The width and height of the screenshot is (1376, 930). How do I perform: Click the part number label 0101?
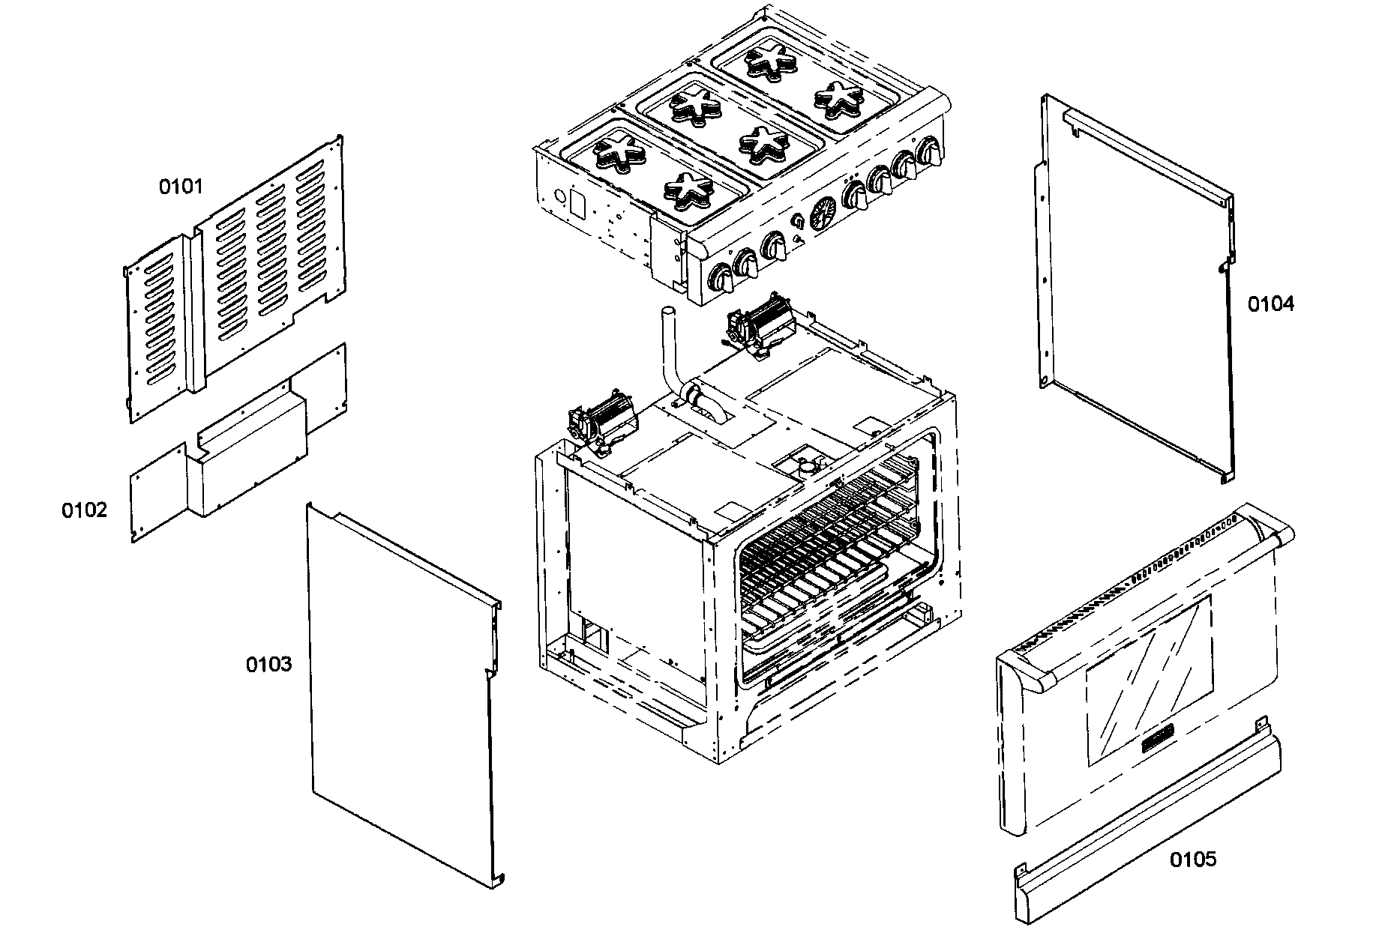[x=181, y=186]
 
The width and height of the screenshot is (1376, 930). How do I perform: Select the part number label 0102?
[x=84, y=510]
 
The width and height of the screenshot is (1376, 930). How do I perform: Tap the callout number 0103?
[x=268, y=664]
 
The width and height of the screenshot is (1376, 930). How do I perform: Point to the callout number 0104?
[x=1270, y=304]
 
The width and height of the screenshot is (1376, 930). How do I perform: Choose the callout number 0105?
[x=1193, y=859]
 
